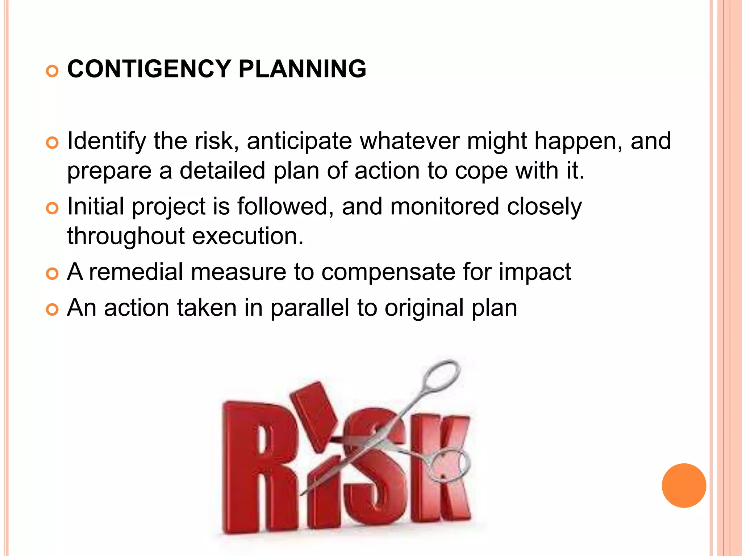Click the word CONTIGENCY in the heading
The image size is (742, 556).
149,69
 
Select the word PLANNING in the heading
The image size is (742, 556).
302,69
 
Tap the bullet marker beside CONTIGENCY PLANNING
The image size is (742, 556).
53,71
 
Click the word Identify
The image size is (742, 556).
107,141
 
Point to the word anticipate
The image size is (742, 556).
299,141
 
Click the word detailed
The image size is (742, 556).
222,170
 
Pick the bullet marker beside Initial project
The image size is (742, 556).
53,208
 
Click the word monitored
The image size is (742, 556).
445,207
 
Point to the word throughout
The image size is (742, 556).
126,236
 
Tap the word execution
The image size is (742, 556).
247,236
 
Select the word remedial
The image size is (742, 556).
136,272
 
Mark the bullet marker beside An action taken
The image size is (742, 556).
53,310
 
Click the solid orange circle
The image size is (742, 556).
684,485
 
